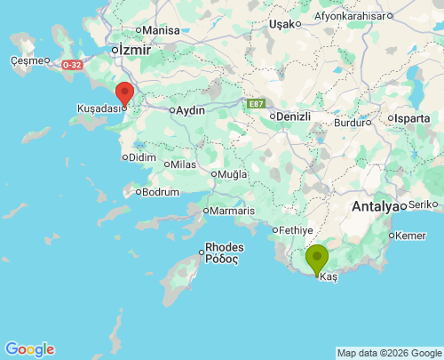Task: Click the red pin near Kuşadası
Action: [x=124, y=93]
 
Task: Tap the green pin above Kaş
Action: [x=317, y=258]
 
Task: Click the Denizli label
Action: [x=293, y=116]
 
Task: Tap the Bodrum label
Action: [x=161, y=191]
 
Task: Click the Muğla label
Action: [x=233, y=173]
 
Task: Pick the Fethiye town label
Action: [x=292, y=229]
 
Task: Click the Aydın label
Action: [x=191, y=110]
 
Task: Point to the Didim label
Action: [x=142, y=157]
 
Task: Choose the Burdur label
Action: [x=349, y=123]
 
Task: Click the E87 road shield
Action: [x=256, y=104]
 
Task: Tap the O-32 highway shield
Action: [x=73, y=64]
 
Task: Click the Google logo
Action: [x=29, y=348]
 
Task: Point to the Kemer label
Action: [x=411, y=236]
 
